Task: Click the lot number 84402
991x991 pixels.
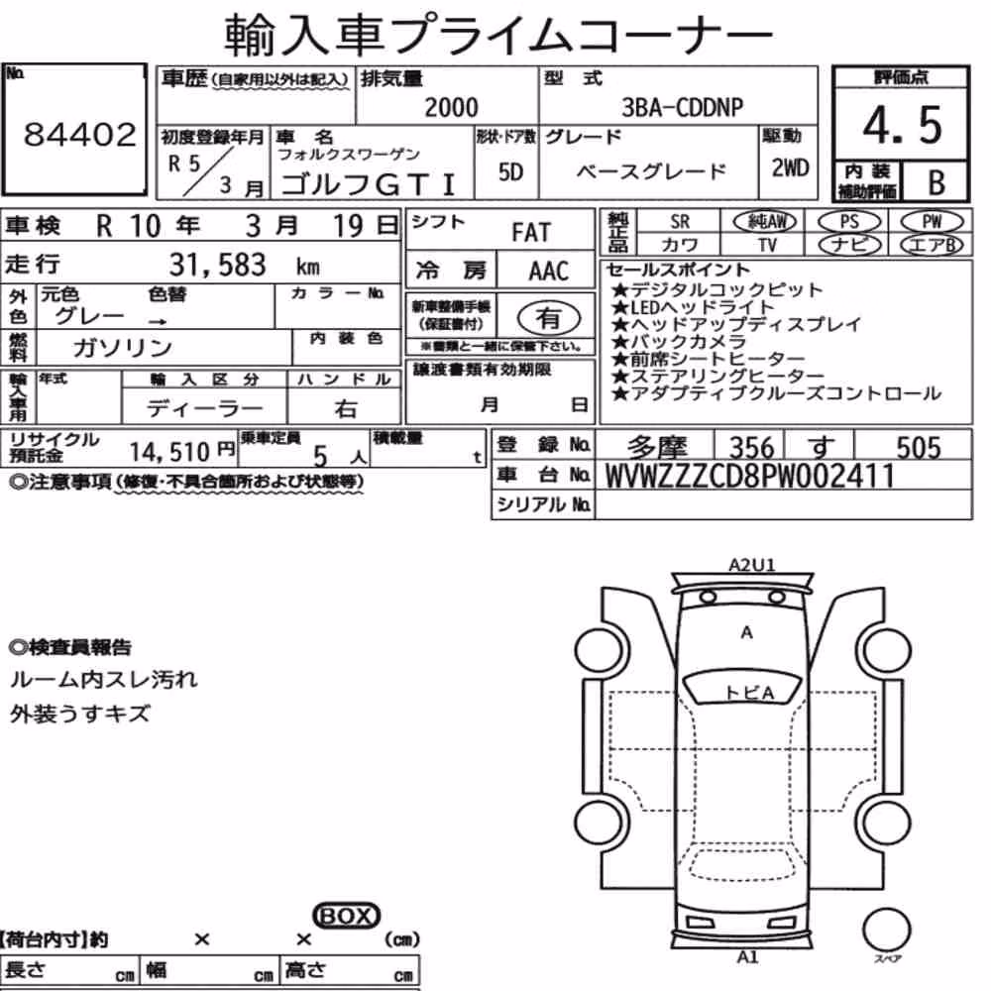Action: [79, 134]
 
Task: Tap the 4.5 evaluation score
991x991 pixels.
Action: [902, 125]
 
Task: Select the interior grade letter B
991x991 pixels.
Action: [936, 182]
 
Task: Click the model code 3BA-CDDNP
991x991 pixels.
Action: [682, 107]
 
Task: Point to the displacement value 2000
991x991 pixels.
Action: [451, 107]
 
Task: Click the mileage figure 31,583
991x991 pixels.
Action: [217, 265]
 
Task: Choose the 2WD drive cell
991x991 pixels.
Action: [790, 167]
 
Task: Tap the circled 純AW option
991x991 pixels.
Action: [764, 221]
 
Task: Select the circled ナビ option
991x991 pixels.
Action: [849, 244]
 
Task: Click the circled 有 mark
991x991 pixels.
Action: [548, 317]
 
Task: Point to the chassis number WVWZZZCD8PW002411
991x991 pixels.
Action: [750, 476]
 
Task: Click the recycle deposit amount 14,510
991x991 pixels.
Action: [169, 451]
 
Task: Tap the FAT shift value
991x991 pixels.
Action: [531, 233]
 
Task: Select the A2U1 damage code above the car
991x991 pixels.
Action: [751, 564]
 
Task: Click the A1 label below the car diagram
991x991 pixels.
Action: [747, 957]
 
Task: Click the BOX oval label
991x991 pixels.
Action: [346, 916]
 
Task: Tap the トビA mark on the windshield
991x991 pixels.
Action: [749, 693]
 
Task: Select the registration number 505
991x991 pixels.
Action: [919, 448]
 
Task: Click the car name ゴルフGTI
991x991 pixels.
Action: [368, 184]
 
